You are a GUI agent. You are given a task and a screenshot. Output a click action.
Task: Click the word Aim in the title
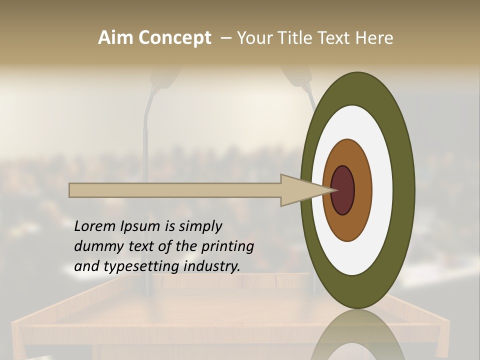pos(115,38)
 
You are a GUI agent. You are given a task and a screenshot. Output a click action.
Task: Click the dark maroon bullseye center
pos(343,190)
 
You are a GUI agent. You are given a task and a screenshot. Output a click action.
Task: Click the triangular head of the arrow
pos(300,190)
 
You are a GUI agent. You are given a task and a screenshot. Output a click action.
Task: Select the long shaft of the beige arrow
pos(175,190)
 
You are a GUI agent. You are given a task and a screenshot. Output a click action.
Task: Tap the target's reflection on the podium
pos(357,337)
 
